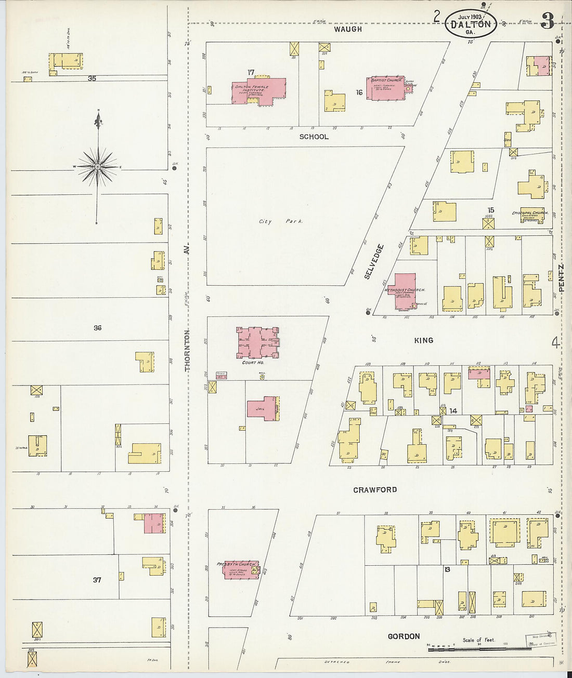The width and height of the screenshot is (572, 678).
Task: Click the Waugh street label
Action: (x=348, y=29)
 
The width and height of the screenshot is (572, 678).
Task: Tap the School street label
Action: (x=314, y=137)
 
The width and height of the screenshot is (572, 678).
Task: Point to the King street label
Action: (x=423, y=340)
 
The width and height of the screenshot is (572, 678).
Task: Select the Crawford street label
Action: (x=375, y=490)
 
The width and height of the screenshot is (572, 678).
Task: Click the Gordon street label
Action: (x=404, y=636)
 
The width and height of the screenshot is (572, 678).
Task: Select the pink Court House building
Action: (x=257, y=343)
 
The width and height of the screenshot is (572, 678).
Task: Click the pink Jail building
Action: (x=263, y=409)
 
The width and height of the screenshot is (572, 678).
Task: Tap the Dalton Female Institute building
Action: (x=258, y=90)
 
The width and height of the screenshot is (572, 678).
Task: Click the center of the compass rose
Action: (x=97, y=166)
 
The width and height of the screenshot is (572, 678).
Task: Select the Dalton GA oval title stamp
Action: (x=470, y=24)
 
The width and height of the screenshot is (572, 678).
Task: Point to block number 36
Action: (x=97, y=328)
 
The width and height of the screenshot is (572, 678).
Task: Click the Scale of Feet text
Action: (x=478, y=640)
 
